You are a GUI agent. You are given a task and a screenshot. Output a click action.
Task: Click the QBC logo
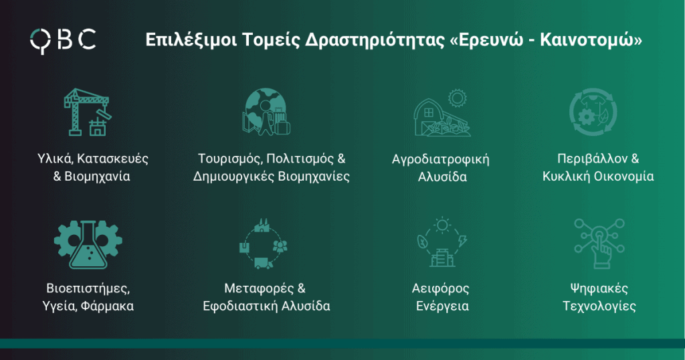coord(63,40)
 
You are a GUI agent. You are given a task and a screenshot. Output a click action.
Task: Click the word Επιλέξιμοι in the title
coord(191,39)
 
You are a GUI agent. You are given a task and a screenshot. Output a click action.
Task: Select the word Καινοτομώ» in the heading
coord(591,40)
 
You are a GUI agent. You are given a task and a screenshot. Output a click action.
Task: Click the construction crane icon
coord(88,112)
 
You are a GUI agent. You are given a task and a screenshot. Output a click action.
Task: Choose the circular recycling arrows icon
coord(593,112)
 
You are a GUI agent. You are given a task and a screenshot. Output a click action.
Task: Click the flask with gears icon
coord(88,245)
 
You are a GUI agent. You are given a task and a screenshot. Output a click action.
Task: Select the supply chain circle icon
coord(264,244)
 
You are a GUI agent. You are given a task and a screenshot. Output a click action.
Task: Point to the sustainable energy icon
coord(442,242)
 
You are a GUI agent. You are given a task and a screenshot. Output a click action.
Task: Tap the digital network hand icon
coord(599,244)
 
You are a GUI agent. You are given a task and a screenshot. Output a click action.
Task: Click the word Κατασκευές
coord(112,159)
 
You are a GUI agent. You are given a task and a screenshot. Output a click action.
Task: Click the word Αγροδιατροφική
coord(440,159)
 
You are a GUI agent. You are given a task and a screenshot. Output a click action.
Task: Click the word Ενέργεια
coord(442,306)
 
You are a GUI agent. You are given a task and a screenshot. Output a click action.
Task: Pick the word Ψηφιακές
coord(599,289)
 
